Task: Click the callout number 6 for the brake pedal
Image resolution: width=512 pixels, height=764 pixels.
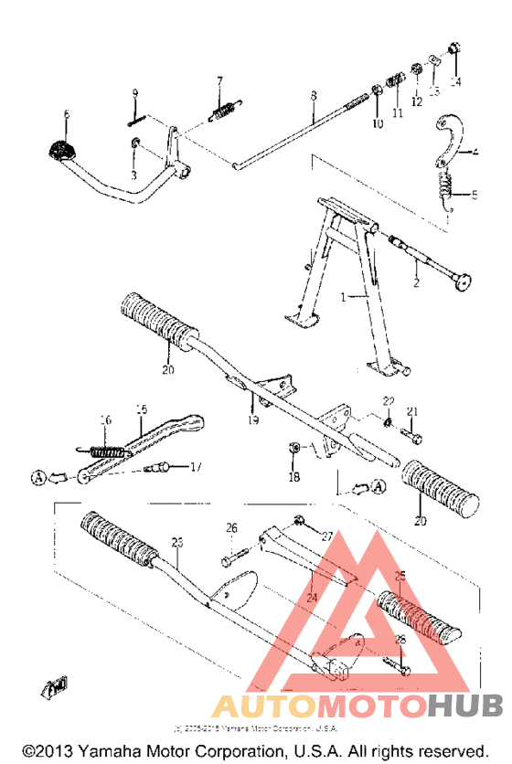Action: (x=66, y=114)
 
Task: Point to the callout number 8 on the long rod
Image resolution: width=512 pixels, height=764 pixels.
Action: (x=313, y=95)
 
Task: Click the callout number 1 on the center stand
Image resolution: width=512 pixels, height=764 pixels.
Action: (x=344, y=297)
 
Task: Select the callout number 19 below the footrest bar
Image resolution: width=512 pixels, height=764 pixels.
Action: (x=253, y=419)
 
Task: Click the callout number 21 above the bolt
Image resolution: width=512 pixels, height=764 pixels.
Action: (x=411, y=410)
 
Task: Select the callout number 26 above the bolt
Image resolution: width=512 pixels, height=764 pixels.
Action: (x=231, y=527)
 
